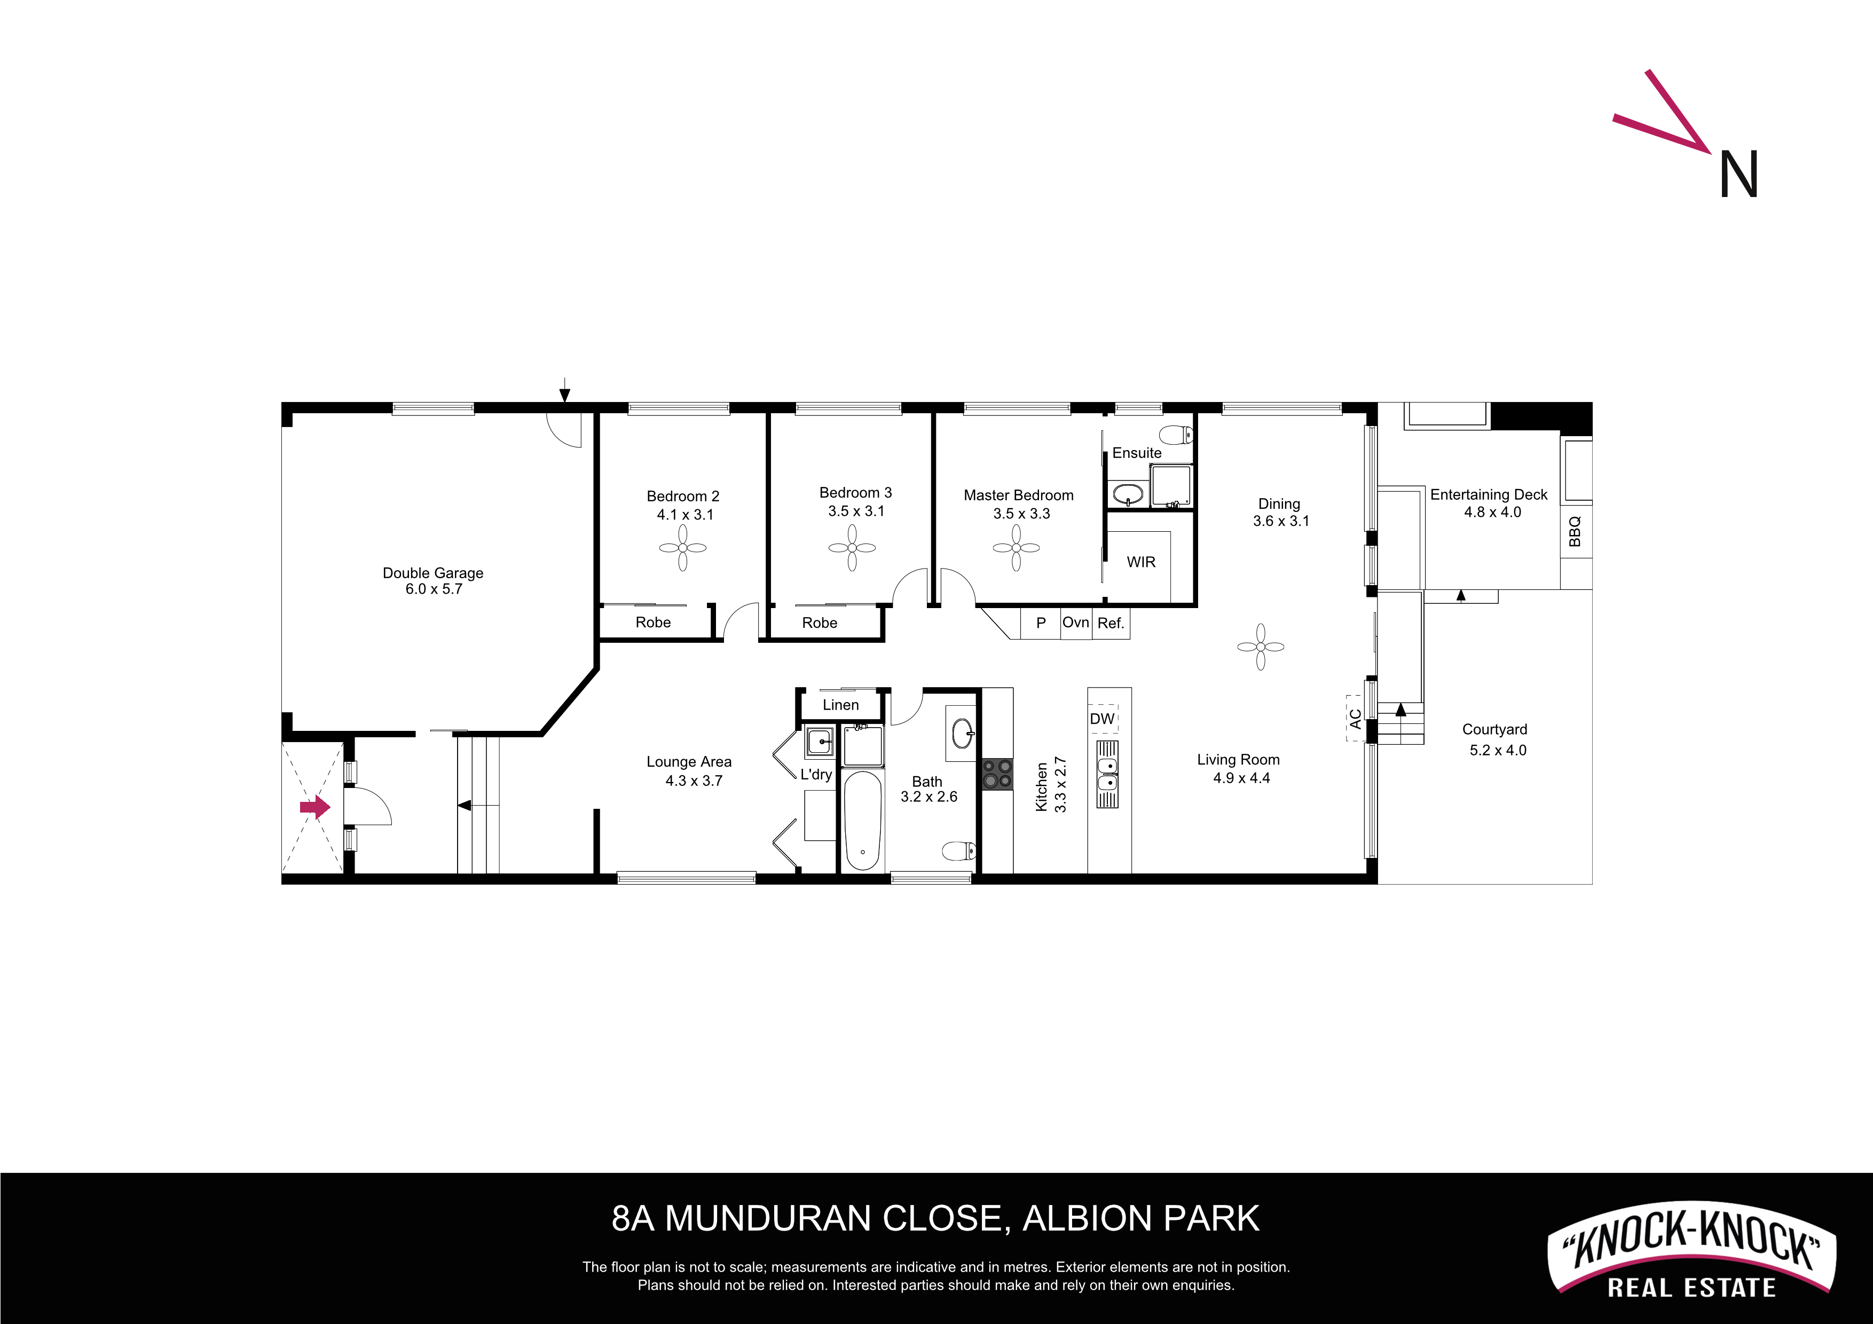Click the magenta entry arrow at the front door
pyautogui.click(x=315, y=808)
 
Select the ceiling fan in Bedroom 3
pyautogui.click(x=853, y=547)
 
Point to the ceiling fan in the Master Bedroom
pyautogui.click(x=1017, y=547)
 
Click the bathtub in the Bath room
pyautogui.click(x=862, y=821)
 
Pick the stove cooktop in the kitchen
pyautogui.click(x=997, y=774)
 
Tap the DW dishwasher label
pyautogui.click(x=1102, y=719)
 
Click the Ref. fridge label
pyautogui.click(x=1110, y=623)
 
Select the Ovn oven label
pyautogui.click(x=1075, y=622)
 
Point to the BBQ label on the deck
pyautogui.click(x=1575, y=531)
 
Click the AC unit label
pyautogui.click(x=1356, y=719)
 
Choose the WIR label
pyautogui.click(x=1141, y=562)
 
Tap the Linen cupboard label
pyautogui.click(x=841, y=705)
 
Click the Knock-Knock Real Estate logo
pyautogui.click(x=1691, y=1249)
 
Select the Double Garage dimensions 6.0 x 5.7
pyautogui.click(x=434, y=589)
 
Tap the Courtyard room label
pyautogui.click(x=1494, y=729)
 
